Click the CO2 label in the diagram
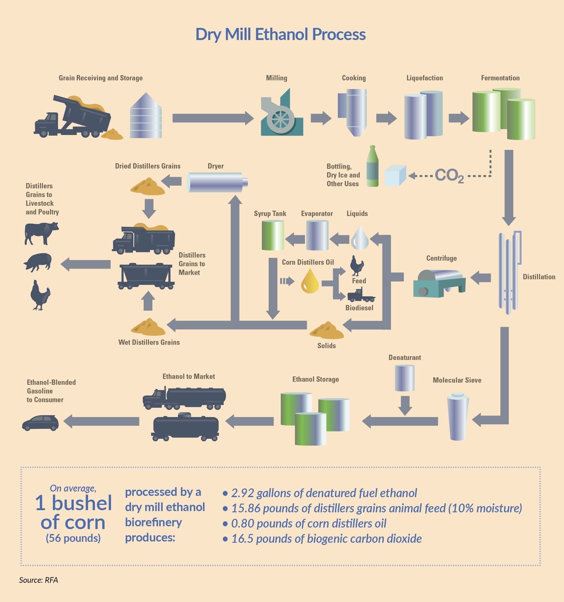tap(449, 176)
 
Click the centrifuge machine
tap(439, 283)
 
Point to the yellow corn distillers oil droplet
tap(310, 281)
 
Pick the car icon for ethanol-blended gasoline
tap(40, 422)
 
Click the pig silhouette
tap(38, 262)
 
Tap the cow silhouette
tap(41, 233)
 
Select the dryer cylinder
tap(217, 182)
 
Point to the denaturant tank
tap(405, 378)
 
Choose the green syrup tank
tap(273, 235)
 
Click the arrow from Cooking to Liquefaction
tap(386, 118)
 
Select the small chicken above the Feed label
tap(356, 266)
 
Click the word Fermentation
tap(500, 78)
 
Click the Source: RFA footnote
tap(38, 580)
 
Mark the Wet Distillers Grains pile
tap(148, 327)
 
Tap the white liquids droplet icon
tap(360, 238)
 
